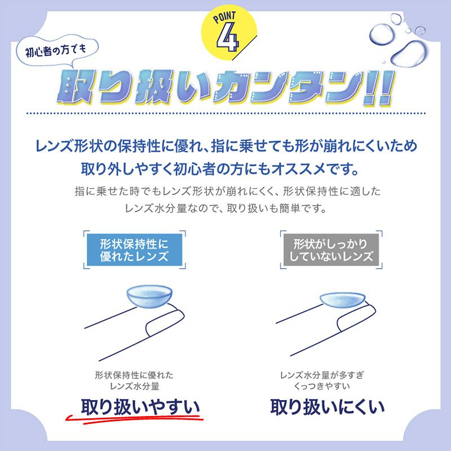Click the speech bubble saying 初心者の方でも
click(57, 51)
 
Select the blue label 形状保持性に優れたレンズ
click(134, 250)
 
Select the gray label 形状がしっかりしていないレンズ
click(331, 250)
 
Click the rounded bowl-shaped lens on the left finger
click(149, 297)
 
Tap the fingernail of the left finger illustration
click(165, 321)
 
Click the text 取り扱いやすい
click(140, 406)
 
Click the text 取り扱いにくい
click(328, 406)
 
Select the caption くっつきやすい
click(321, 386)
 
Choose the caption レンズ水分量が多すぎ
click(322, 375)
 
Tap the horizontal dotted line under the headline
click(226, 113)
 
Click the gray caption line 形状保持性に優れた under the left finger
click(134, 375)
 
